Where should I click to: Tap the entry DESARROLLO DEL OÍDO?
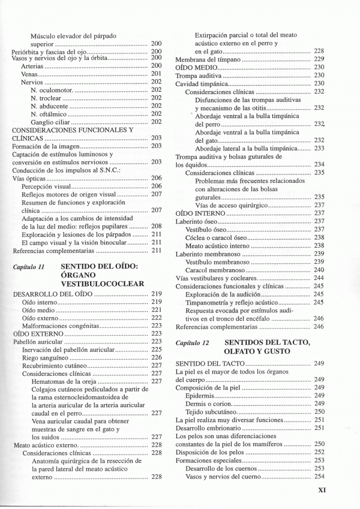click(52, 294)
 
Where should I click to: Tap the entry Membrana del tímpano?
click(207, 59)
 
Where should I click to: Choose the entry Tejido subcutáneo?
click(211, 412)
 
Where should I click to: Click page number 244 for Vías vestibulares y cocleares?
click(319, 278)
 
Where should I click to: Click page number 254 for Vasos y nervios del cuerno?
click(319, 477)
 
